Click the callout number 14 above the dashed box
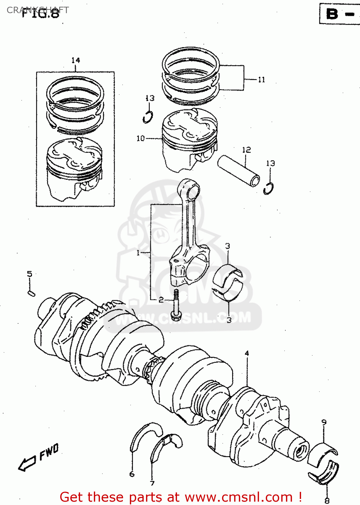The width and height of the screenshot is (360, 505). click(x=75, y=60)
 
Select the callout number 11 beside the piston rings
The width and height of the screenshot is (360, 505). click(x=261, y=79)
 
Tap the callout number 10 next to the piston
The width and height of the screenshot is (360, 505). click(x=141, y=138)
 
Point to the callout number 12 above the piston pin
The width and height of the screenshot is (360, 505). click(x=246, y=149)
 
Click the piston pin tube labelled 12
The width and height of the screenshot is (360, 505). click(x=239, y=171)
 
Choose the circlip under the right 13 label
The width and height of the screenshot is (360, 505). click(x=268, y=188)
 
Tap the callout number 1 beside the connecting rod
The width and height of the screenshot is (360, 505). click(x=138, y=252)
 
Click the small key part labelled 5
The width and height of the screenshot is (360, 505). click(x=31, y=293)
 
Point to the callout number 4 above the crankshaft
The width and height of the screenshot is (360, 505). click(x=247, y=353)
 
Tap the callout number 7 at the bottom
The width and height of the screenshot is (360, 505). click(x=152, y=483)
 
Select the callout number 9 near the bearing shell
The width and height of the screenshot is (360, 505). click(x=324, y=422)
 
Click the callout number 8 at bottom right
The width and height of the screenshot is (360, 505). click(x=327, y=501)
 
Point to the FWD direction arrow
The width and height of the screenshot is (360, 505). click(x=27, y=464)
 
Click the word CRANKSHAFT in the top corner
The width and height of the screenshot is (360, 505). click(x=38, y=10)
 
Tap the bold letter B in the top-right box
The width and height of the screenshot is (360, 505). click(x=332, y=14)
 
